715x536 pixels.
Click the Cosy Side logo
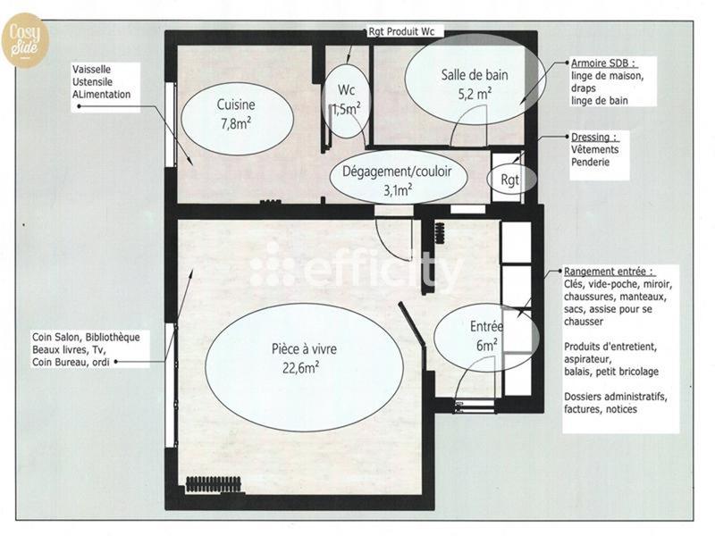point(24,41)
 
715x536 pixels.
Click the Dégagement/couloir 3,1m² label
point(397,180)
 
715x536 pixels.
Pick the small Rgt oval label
point(510,180)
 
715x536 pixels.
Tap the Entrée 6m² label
point(485,336)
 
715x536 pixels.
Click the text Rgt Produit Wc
point(400,31)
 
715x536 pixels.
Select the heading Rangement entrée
point(609,271)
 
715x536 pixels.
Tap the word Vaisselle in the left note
point(97,69)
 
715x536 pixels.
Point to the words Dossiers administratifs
point(616,396)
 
